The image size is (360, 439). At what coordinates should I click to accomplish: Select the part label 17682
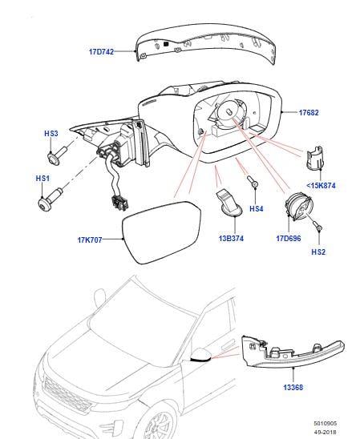[309, 113]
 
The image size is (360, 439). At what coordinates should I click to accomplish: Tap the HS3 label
[51, 135]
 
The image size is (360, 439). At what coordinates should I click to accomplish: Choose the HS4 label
[257, 209]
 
